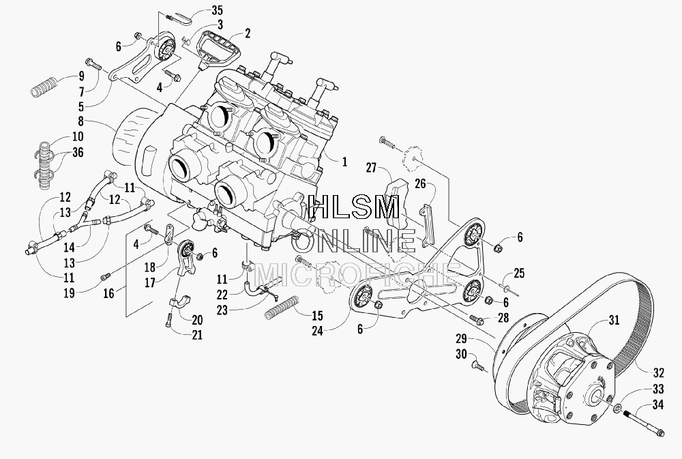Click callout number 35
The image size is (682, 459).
click(217, 10)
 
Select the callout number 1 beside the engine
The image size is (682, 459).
click(344, 162)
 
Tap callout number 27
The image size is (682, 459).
click(370, 168)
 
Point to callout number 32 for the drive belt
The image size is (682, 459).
click(659, 373)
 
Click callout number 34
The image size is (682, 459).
click(658, 404)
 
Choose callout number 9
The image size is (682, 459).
click(81, 76)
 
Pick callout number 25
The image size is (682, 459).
click(519, 273)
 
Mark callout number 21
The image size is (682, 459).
click(197, 335)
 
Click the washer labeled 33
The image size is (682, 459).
click(617, 409)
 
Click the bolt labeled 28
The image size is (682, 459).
click(477, 319)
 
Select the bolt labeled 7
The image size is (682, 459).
click(93, 64)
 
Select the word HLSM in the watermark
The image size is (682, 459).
click(353, 207)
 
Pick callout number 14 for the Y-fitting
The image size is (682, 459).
click(69, 247)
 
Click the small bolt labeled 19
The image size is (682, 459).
click(106, 276)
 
